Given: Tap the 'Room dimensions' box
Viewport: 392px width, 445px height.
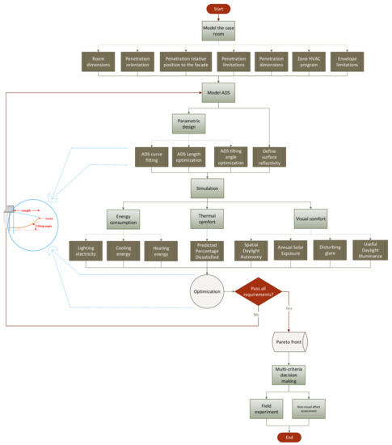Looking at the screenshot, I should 99,63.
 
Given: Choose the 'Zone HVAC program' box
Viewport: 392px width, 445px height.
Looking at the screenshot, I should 311,63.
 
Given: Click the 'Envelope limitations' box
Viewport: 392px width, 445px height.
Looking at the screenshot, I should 353,63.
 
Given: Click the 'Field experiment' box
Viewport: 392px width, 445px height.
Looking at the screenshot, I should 264,408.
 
